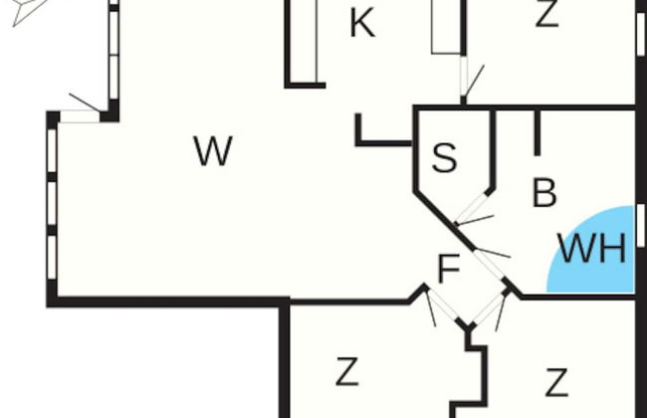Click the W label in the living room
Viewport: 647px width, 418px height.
(x=213, y=151)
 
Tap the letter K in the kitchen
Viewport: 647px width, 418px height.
(x=362, y=24)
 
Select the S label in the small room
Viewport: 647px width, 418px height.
(x=444, y=157)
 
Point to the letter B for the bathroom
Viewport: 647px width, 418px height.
(x=544, y=192)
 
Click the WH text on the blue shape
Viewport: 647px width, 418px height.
(x=591, y=248)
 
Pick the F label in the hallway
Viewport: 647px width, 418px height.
(x=449, y=268)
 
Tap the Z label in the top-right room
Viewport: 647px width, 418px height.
(x=546, y=14)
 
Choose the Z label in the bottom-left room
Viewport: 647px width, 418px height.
(x=346, y=371)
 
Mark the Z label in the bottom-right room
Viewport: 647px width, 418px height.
(x=556, y=383)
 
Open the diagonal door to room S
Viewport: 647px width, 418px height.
(x=472, y=208)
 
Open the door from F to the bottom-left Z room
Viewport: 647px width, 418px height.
(x=442, y=306)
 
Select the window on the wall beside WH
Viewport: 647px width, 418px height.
(x=641, y=226)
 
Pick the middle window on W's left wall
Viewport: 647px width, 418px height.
(x=52, y=203)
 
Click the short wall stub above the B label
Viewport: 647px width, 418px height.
(x=537, y=132)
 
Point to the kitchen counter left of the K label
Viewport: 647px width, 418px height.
(x=304, y=41)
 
